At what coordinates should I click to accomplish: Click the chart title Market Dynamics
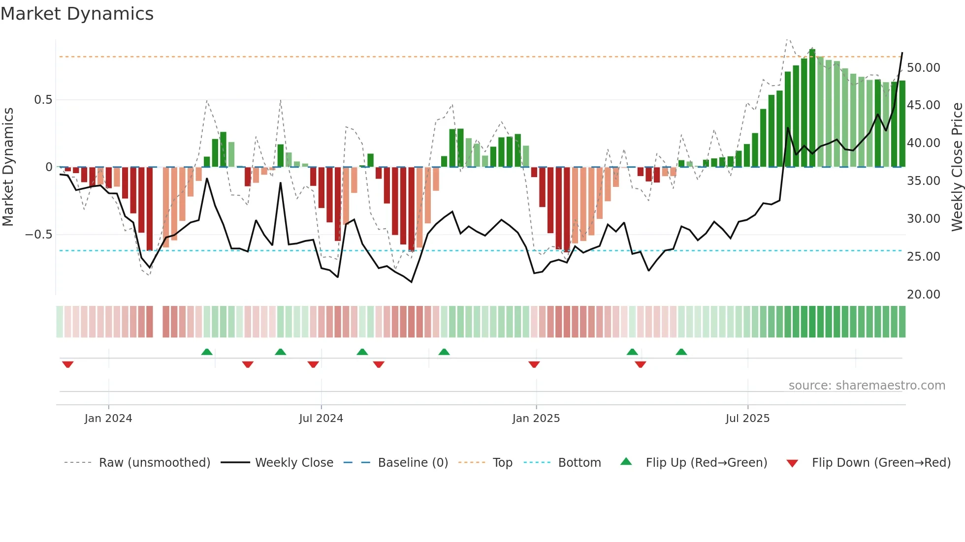pos(77,14)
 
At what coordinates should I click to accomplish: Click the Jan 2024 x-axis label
pos(108,418)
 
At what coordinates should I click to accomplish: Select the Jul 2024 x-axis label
pos(321,418)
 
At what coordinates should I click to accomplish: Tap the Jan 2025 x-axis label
pos(536,418)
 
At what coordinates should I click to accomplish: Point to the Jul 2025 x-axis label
pos(747,418)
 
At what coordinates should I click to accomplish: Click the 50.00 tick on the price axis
pos(923,67)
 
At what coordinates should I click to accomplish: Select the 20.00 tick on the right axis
pos(923,294)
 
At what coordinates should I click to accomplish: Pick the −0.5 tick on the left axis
pos(38,234)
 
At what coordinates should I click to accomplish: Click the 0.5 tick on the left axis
pos(43,100)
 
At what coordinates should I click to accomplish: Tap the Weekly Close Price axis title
pos(957,166)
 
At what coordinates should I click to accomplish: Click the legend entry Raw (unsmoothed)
pos(154,462)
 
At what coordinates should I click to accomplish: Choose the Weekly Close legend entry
pos(294,462)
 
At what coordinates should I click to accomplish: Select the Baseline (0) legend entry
pos(413,462)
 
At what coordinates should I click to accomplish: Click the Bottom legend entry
pos(579,462)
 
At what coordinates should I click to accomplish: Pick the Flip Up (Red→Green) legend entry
pos(706,462)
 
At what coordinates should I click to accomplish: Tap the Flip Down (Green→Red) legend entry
pos(881,462)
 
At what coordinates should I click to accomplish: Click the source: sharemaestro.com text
pos(867,385)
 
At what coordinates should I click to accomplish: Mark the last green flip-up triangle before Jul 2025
pos(681,352)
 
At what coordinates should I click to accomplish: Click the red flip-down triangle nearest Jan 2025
pos(534,364)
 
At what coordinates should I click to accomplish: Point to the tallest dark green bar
pos(812,108)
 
